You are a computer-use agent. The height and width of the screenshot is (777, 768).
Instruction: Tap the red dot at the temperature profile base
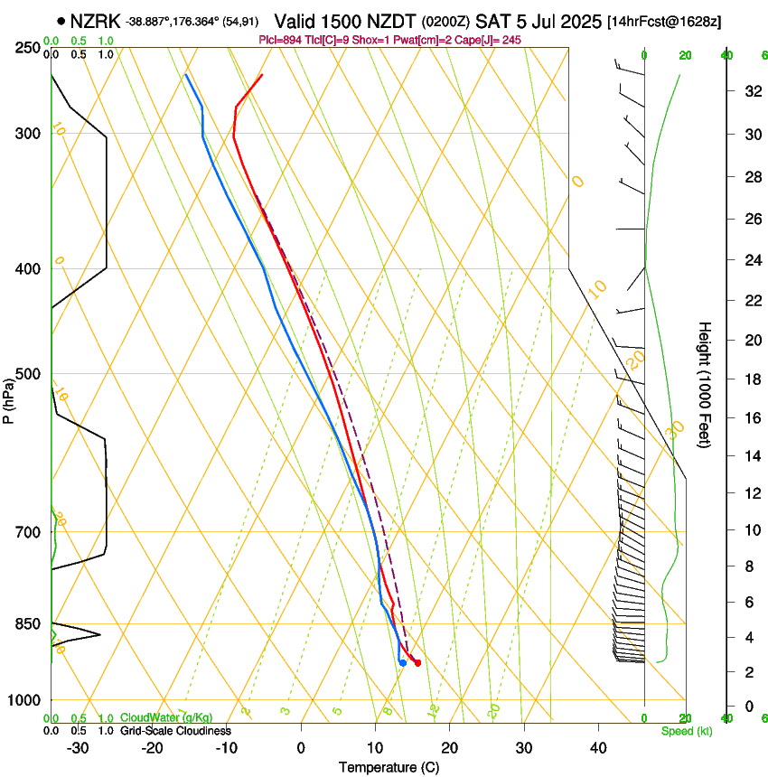pyautogui.click(x=417, y=663)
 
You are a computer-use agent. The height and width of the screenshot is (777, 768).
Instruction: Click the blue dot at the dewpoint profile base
pyautogui.click(x=402, y=663)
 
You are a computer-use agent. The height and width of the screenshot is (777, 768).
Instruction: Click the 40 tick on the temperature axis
pyautogui.click(x=598, y=748)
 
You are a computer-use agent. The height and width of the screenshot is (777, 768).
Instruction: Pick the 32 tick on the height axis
pyautogui.click(x=750, y=90)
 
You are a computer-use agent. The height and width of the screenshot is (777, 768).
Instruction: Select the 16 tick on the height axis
pyautogui.click(x=750, y=417)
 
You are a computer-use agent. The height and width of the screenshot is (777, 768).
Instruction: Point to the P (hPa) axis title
pyautogui.click(x=9, y=398)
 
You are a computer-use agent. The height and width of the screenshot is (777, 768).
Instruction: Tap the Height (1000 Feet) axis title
pyautogui.click(x=706, y=384)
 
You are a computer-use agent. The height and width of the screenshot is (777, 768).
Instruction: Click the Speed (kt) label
pyautogui.click(x=687, y=731)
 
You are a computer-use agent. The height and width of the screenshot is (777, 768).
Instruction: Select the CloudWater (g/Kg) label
pyautogui.click(x=167, y=718)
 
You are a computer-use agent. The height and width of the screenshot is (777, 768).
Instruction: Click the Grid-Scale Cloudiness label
pyautogui.click(x=175, y=731)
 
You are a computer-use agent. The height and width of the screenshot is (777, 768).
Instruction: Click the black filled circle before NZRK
pyautogui.click(x=61, y=21)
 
